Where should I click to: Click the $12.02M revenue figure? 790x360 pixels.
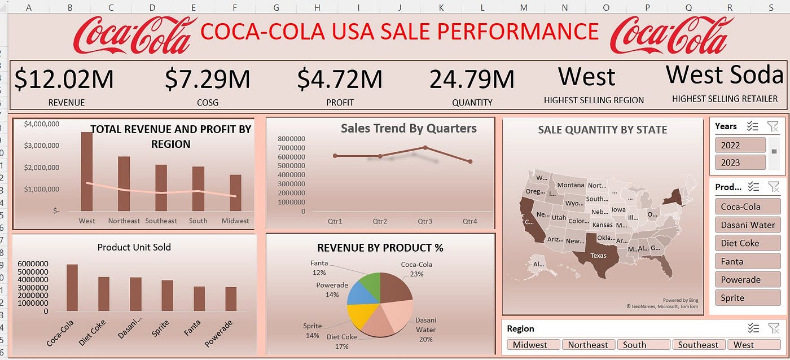(x=64, y=80)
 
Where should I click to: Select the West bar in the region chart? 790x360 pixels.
(x=87, y=172)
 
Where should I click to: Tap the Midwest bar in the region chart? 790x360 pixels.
(x=235, y=192)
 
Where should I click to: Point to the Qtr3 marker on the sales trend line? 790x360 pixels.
(x=425, y=148)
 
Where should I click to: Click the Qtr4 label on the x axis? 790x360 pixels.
(x=469, y=221)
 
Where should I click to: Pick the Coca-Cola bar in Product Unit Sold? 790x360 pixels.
(x=72, y=288)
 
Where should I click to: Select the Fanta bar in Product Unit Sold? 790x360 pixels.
(x=199, y=298)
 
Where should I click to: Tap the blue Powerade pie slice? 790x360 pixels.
(x=358, y=293)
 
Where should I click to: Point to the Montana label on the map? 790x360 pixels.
(x=570, y=185)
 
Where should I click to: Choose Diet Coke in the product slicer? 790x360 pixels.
(x=747, y=243)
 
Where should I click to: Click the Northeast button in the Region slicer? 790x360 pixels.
(x=587, y=345)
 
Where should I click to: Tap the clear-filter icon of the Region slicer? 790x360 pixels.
(x=773, y=328)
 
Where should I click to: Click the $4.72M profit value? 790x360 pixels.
(x=340, y=80)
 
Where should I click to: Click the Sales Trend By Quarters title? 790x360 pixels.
(x=409, y=129)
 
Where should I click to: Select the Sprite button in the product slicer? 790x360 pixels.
(x=747, y=298)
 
